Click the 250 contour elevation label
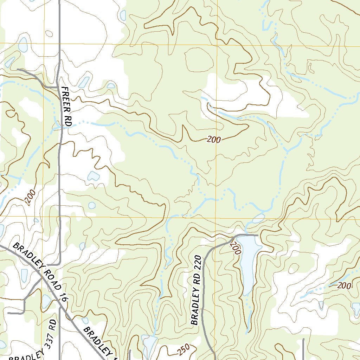pyautogui.click(x=183, y=349)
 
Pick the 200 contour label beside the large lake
pyautogui.click(x=236, y=247)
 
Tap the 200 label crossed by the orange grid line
pyautogui.click(x=214, y=140)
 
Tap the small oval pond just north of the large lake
pyautogui.click(x=258, y=218)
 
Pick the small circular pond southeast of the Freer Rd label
pyautogui.click(x=92, y=205)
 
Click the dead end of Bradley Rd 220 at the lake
pyautogui.click(x=258, y=235)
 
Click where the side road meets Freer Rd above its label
pyautogui.click(x=58, y=86)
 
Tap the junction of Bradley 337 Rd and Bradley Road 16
pyautogui.click(x=59, y=304)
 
